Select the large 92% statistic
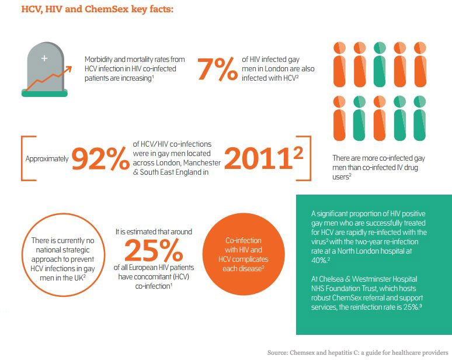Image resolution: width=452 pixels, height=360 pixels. (x=101, y=158)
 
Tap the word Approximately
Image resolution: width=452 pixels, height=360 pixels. (x=47, y=158)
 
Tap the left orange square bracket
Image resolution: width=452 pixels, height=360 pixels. (x=22, y=159)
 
